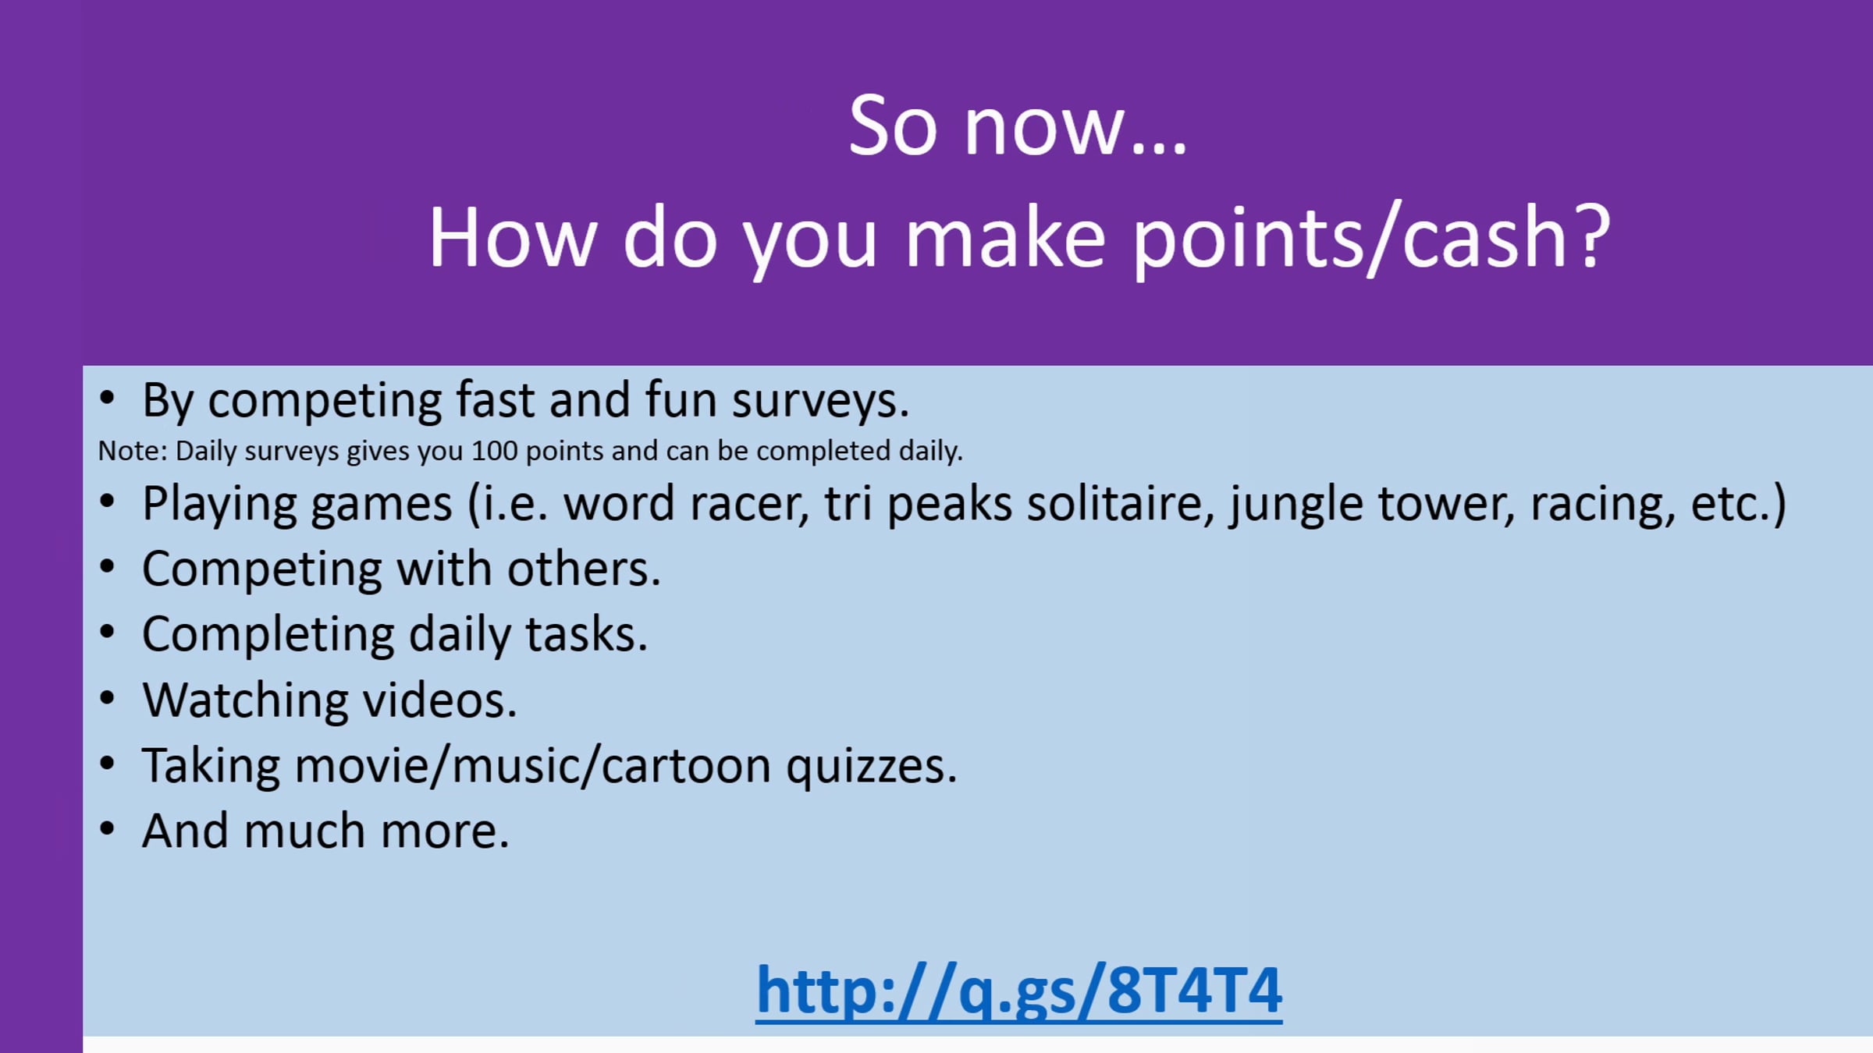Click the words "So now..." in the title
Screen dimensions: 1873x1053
click(1018, 126)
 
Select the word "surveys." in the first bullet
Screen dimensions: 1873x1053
click(820, 402)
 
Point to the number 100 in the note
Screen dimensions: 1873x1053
click(494, 451)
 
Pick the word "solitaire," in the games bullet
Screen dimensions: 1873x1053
click(1121, 504)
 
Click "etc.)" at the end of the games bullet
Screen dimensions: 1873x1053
click(1738, 505)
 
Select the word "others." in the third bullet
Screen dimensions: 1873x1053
click(584, 569)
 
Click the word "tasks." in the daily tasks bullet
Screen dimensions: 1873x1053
click(586, 635)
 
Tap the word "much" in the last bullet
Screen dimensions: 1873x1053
click(304, 831)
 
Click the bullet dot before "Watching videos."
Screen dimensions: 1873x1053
click(107, 698)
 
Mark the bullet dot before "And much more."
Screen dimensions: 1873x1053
click(107, 829)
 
